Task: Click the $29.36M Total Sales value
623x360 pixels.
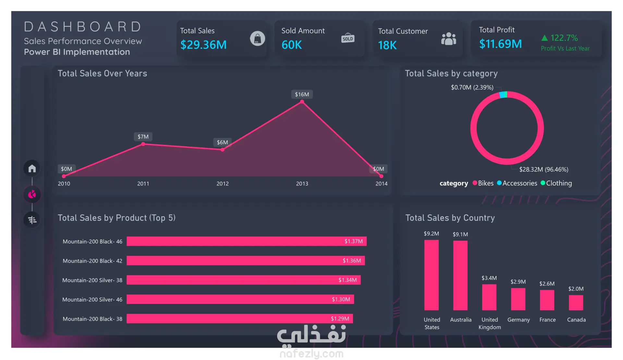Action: (x=203, y=45)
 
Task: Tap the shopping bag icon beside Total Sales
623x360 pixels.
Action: (x=257, y=39)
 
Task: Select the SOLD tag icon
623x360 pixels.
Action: (x=348, y=38)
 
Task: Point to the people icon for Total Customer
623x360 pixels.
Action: (x=449, y=39)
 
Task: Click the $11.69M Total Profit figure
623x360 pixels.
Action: (x=500, y=44)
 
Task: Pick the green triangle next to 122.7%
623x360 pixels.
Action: (x=544, y=38)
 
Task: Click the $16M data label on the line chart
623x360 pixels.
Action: (x=302, y=94)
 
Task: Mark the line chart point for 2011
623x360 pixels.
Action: (x=143, y=144)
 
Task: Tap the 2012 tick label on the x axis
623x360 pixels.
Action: (x=223, y=184)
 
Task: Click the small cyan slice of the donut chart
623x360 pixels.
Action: (x=503, y=94)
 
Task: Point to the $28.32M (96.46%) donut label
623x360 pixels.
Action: (x=544, y=169)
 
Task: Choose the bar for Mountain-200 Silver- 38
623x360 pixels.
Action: (x=244, y=280)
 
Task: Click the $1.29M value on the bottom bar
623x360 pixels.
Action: (x=340, y=318)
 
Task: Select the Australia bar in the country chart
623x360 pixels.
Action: (x=460, y=275)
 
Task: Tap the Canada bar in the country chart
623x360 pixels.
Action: (x=576, y=303)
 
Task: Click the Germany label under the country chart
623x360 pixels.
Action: (x=519, y=320)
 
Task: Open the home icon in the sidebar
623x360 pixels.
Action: (x=32, y=168)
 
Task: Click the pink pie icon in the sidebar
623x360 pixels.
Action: (x=32, y=194)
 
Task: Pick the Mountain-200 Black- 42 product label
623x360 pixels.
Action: (x=92, y=261)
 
